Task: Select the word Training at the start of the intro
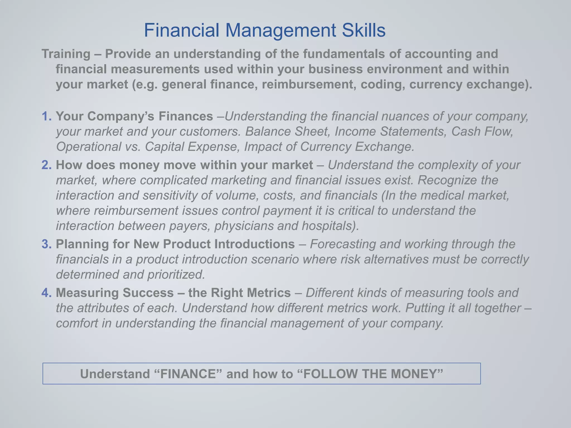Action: coord(66,54)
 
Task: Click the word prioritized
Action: coord(176,275)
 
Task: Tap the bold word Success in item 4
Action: coord(148,293)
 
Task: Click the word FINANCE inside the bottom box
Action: coord(188,374)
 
